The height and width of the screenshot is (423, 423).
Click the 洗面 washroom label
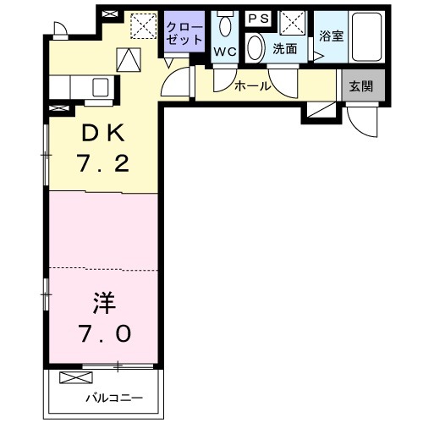(284, 49)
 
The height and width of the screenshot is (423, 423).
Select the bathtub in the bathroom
(365, 36)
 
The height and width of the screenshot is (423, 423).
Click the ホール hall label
(252, 85)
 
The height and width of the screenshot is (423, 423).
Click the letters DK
(104, 134)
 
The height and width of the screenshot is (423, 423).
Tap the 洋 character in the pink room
(102, 301)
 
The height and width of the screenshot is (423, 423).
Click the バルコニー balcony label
(113, 398)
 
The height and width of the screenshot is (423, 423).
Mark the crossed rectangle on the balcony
(74, 376)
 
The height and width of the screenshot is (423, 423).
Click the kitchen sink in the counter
(101, 87)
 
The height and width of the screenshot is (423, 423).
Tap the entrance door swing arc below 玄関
(365, 125)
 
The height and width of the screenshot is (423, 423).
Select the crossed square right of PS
(293, 22)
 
